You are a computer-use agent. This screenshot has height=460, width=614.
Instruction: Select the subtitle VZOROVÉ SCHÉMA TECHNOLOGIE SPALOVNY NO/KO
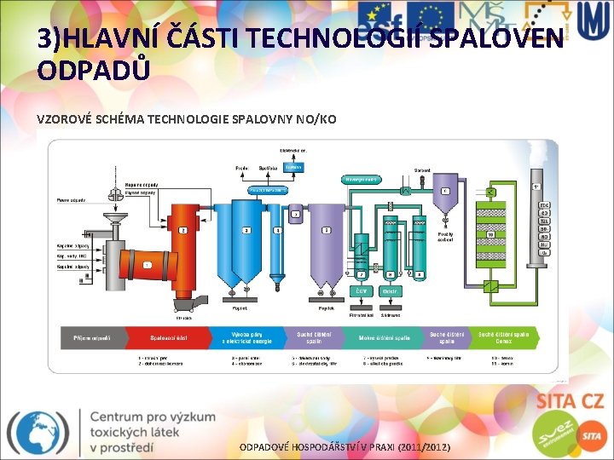pos(187,119)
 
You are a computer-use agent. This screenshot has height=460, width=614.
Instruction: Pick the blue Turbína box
pos(295,167)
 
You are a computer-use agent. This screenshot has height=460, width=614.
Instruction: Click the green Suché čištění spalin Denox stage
pos(508,338)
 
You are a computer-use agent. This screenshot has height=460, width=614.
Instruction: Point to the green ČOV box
pos(362,292)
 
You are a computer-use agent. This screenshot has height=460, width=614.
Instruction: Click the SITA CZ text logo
pos(569,400)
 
